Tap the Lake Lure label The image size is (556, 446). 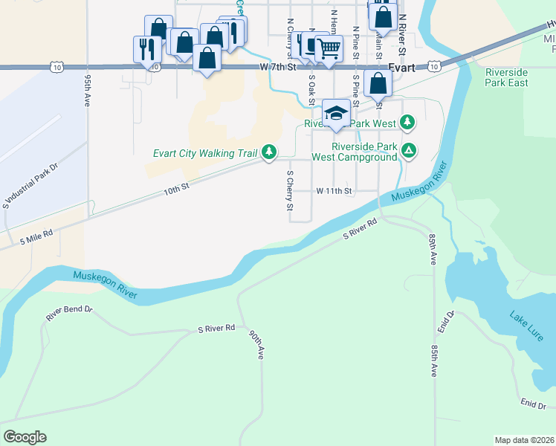pos(526,326)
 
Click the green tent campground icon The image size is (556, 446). pos(408,152)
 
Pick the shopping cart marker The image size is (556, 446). pos(328,49)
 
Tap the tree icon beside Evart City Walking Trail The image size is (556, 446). pos(268,153)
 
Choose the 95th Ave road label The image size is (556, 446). pos(88,91)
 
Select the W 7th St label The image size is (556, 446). pos(279,67)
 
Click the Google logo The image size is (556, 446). pos(25,437)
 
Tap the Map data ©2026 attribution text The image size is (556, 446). pos(525,440)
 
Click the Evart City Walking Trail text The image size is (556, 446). pos(204,153)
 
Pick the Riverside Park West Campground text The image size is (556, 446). pos(354,152)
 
